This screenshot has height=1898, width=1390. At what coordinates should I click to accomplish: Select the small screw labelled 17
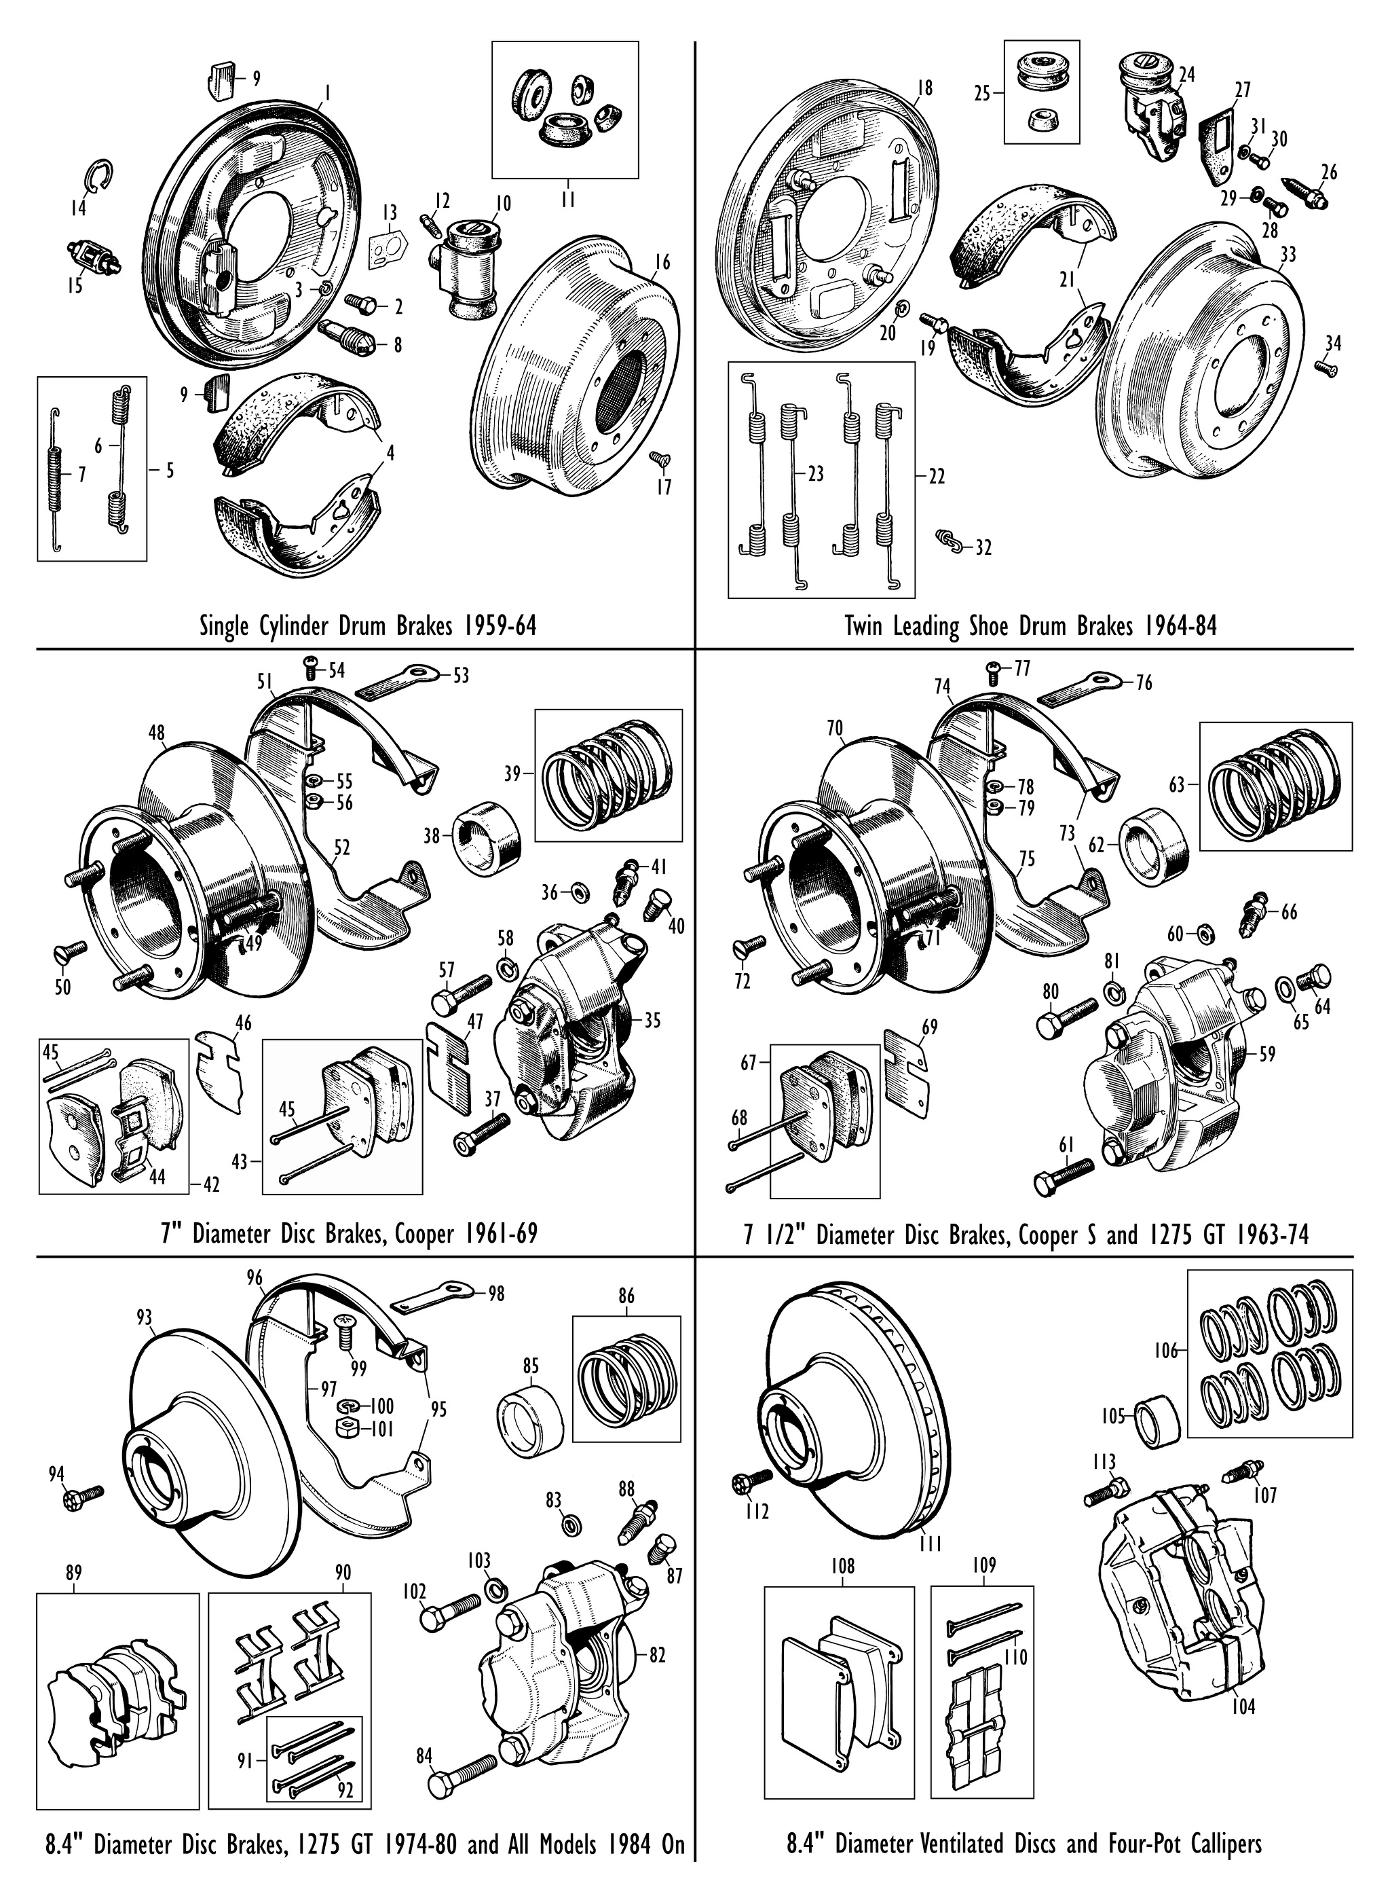[659, 459]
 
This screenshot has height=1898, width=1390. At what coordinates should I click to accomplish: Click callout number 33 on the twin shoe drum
[1288, 253]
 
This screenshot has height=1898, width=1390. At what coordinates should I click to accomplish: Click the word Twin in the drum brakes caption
[865, 627]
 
